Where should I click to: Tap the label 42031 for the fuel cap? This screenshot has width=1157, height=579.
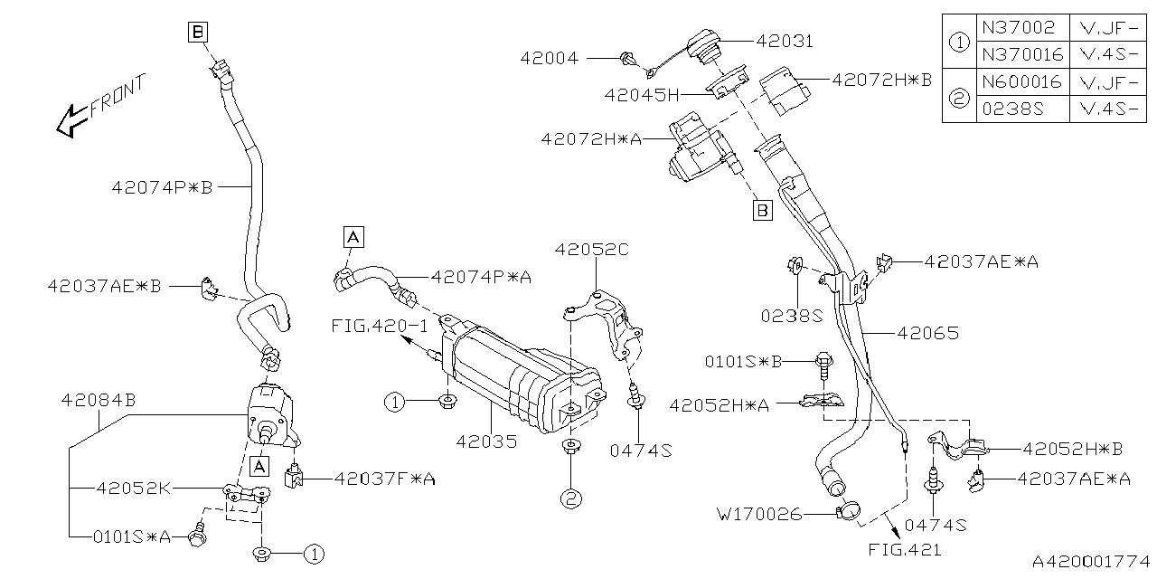tap(785, 41)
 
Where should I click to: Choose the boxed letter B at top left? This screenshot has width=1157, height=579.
tap(198, 33)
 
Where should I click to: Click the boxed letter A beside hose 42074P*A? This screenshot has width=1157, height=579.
tap(353, 237)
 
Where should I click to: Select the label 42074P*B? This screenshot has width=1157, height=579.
tap(162, 188)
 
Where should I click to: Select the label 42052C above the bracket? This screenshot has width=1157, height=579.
tap(591, 249)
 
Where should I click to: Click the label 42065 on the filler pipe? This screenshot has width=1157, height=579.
tap(927, 333)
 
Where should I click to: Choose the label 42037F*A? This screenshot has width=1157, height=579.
tap(384, 479)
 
